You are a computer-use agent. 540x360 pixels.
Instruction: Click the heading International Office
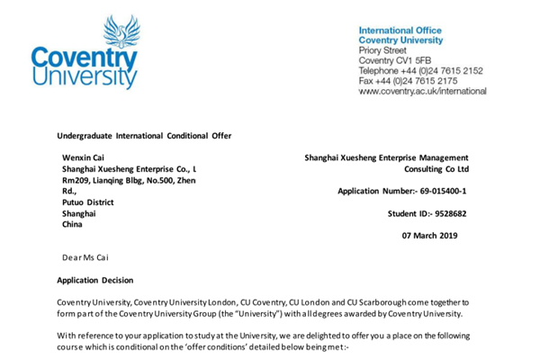point(400,30)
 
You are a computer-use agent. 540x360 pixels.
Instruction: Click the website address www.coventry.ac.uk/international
point(423,91)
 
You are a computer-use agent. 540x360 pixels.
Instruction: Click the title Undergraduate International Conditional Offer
point(144,136)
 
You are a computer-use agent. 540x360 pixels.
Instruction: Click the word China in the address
point(72,224)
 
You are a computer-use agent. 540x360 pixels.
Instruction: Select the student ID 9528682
point(440,213)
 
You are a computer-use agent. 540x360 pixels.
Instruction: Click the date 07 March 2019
point(429,236)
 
